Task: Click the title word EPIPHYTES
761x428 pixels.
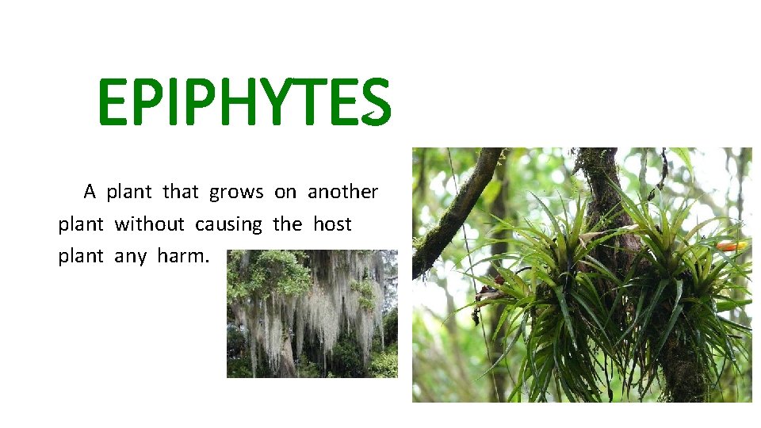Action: (x=244, y=103)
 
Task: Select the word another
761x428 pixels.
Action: (x=342, y=192)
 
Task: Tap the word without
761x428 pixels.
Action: (x=149, y=224)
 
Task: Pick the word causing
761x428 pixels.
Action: (x=228, y=225)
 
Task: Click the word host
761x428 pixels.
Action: (x=331, y=224)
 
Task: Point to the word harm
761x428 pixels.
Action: (x=185, y=257)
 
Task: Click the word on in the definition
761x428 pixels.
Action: (x=285, y=193)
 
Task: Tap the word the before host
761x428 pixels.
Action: (x=287, y=224)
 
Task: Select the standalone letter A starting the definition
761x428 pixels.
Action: (x=90, y=192)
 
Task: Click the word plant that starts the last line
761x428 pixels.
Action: (x=80, y=257)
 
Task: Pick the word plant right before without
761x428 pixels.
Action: (x=80, y=224)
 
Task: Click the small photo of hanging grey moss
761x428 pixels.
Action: (x=312, y=314)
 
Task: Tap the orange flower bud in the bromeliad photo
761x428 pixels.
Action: (x=730, y=246)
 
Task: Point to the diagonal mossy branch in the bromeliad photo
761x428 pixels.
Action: (x=456, y=210)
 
